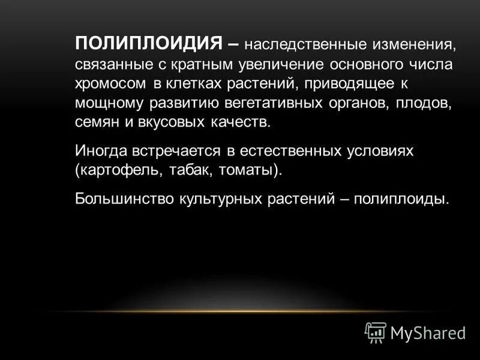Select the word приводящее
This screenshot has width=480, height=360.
pyautogui.click(x=346, y=83)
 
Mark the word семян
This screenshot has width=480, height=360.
pyautogui.click(x=95, y=122)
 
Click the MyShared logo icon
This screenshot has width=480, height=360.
pyautogui.click(x=376, y=332)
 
